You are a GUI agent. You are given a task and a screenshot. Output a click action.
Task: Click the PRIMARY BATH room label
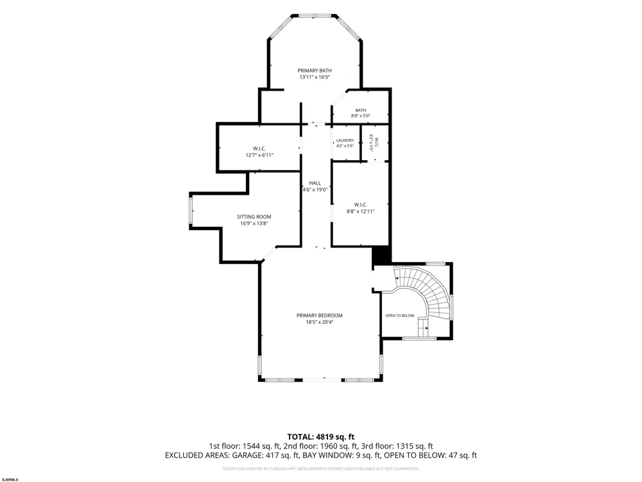coord(315,71)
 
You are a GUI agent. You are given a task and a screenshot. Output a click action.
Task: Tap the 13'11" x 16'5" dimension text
coord(315,77)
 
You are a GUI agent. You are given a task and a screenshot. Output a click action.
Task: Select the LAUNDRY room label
coord(345,140)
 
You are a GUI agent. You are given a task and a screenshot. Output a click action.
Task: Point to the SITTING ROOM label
coord(254,217)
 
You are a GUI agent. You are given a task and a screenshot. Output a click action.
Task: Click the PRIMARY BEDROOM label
coord(319,315)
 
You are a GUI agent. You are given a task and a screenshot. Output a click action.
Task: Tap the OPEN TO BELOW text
coord(399,316)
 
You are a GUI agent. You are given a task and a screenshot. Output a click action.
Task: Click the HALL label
coord(315,183)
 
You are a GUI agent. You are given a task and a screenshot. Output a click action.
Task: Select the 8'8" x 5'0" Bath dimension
coord(360,116)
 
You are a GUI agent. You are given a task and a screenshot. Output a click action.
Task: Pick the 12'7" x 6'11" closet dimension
coord(259,156)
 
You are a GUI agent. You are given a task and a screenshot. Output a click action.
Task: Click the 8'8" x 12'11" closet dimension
coord(360,211)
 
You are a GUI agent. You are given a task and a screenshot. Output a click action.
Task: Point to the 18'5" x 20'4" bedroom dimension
coord(319,322)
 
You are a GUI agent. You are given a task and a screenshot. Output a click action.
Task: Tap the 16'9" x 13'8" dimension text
coord(254,224)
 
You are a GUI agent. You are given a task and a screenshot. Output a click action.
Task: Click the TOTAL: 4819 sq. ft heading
coord(320,436)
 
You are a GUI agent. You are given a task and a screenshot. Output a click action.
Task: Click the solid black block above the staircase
coord(381,255)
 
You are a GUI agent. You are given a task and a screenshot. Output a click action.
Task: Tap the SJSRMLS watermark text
coord(10,479)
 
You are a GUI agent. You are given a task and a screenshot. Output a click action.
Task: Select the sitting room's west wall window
coord(191,210)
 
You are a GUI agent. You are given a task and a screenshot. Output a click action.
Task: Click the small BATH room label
coord(361,110)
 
